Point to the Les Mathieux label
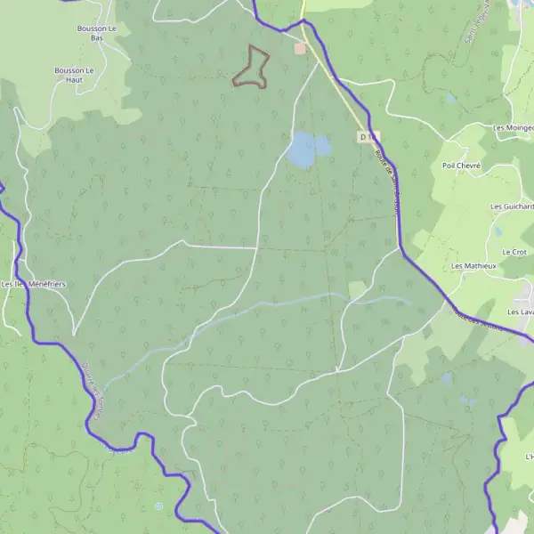pyautogui.click(x=473, y=266)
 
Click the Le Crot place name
pyautogui.click(x=514, y=252)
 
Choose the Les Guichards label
pyautogui.click(x=513, y=206)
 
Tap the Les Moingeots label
pyautogui.click(x=514, y=128)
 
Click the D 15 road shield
pyautogui.click(x=367, y=137)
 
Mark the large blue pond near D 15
pyautogui.click(x=301, y=150)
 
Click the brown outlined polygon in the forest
pyautogui.click(x=252, y=68)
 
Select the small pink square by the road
pyautogui.click(x=300, y=48)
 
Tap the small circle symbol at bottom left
pyautogui.click(x=158, y=506)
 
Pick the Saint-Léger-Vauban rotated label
pyautogui.click(x=468, y=27)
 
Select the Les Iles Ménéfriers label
pyautogui.click(x=34, y=284)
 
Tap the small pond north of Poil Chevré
pyautogui.click(x=452, y=98)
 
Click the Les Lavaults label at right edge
pyautogui.click(x=520, y=312)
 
